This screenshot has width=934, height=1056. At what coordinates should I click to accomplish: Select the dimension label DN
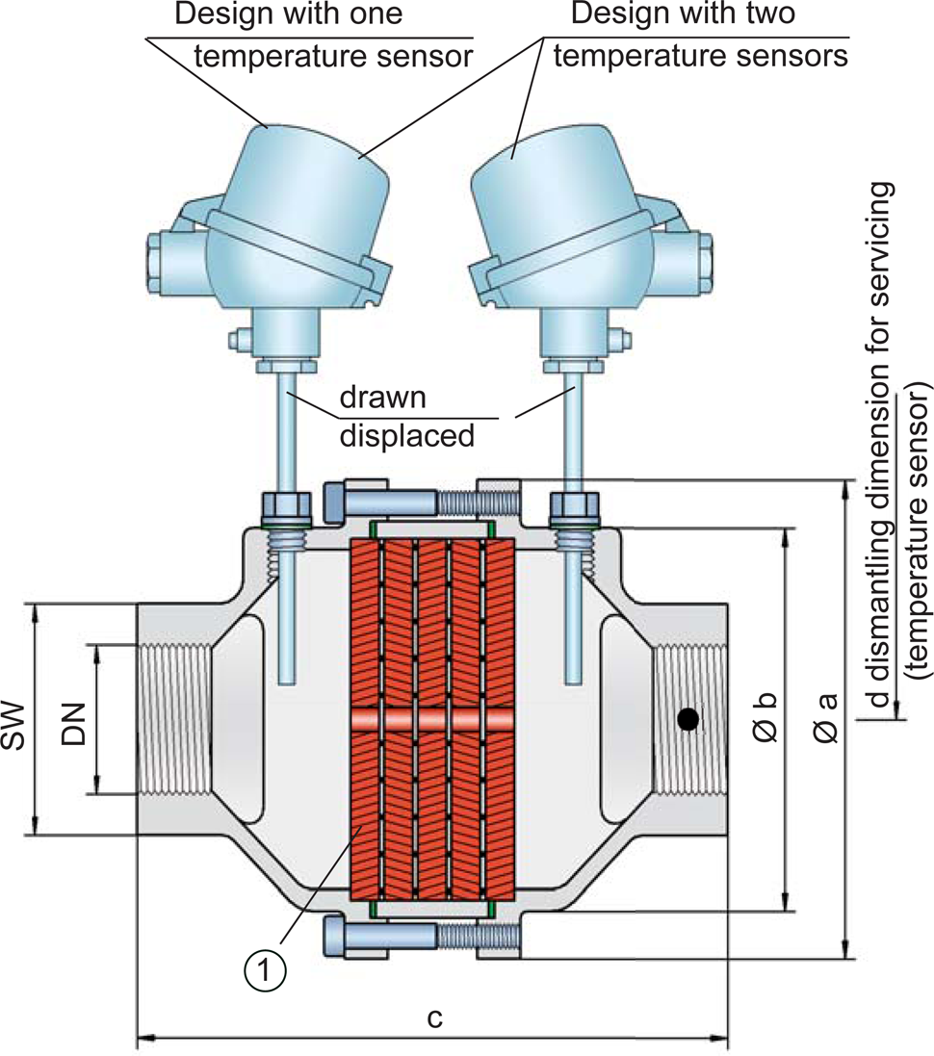coord(72,719)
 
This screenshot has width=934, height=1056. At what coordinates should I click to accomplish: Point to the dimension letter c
coord(434,1017)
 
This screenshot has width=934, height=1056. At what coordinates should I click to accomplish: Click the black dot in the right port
coord(686,719)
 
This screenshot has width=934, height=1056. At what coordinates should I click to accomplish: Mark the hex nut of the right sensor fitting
coord(574,506)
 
